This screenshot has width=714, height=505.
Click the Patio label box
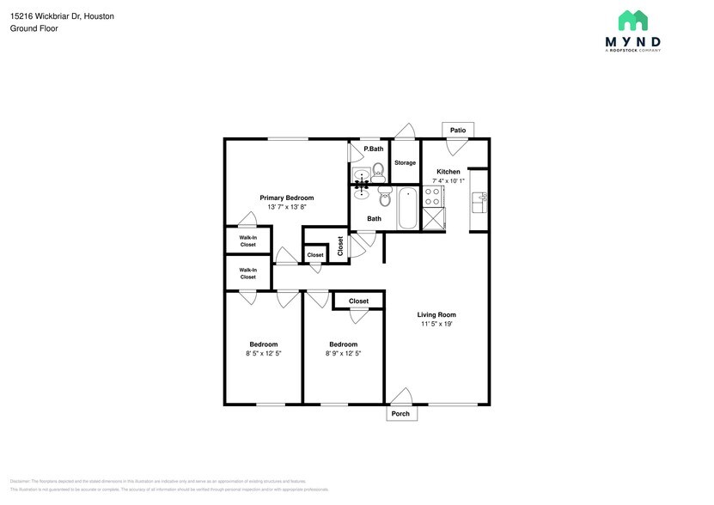[458, 131]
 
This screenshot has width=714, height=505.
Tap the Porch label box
[400, 414]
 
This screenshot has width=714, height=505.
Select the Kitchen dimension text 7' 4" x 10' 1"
[449, 181]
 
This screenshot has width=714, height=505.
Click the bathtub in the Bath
[408, 208]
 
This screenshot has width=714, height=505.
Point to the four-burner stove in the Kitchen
[434, 197]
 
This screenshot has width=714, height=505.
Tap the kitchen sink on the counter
[481, 201]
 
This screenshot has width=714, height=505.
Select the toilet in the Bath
[386, 198]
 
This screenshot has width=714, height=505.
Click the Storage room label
[405, 162]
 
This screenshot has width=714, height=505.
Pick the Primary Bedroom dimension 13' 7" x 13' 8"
[286, 207]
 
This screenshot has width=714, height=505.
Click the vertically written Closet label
[341, 246]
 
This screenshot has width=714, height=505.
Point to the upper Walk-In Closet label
[247, 240]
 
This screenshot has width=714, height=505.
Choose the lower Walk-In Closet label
[247, 273]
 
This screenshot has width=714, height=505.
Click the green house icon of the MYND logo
[632, 21]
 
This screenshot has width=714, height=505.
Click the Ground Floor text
[34, 28]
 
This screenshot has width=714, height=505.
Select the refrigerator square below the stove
[434, 219]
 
